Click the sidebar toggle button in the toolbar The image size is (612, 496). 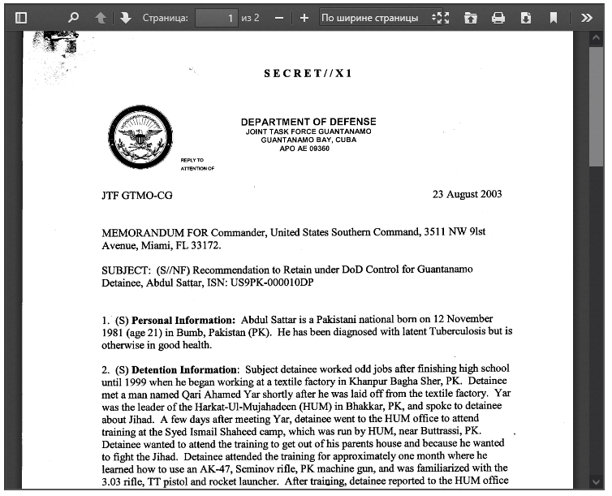(x=21, y=17)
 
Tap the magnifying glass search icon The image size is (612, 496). (x=73, y=17)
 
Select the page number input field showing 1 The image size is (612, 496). (x=216, y=17)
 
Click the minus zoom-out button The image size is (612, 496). (x=278, y=17)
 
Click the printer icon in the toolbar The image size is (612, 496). (x=498, y=17)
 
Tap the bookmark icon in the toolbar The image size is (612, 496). (x=554, y=17)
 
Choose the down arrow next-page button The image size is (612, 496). (x=126, y=17)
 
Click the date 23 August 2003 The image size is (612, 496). (x=467, y=194)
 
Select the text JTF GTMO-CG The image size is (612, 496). (x=137, y=196)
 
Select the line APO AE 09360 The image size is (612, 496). (x=304, y=149)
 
